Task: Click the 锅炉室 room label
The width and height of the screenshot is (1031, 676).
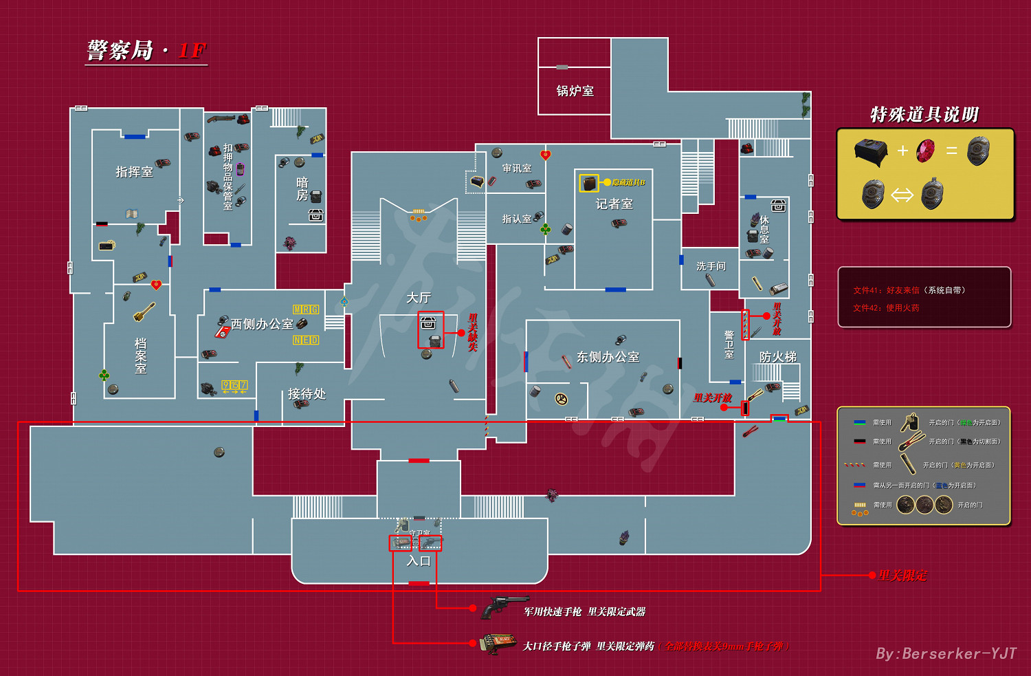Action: tap(575, 91)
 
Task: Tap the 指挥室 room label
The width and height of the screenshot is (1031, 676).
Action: tap(134, 172)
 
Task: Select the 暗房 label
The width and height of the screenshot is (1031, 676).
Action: tap(302, 189)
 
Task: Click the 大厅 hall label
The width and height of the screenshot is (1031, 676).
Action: tap(418, 298)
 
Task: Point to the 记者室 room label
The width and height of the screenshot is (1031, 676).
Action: tap(614, 204)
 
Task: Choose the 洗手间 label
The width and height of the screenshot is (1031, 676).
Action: tap(711, 266)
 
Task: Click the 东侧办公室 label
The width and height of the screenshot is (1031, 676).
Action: tap(608, 357)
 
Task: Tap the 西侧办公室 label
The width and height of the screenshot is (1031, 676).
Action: tap(262, 324)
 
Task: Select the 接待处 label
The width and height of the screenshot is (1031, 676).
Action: tap(307, 394)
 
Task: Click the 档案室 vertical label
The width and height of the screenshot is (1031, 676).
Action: tap(141, 356)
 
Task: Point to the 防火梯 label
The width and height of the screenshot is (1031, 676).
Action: tap(777, 357)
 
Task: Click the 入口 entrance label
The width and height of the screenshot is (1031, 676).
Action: tap(418, 561)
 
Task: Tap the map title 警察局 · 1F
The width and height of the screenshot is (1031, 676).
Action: tap(146, 51)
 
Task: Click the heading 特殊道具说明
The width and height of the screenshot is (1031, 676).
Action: tap(924, 115)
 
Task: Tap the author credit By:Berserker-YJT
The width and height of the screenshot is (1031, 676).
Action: tap(945, 653)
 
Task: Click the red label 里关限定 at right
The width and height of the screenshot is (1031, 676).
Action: tap(902, 576)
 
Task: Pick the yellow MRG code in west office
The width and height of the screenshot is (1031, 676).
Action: tap(306, 309)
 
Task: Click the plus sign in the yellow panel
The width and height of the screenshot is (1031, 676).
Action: tap(902, 151)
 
